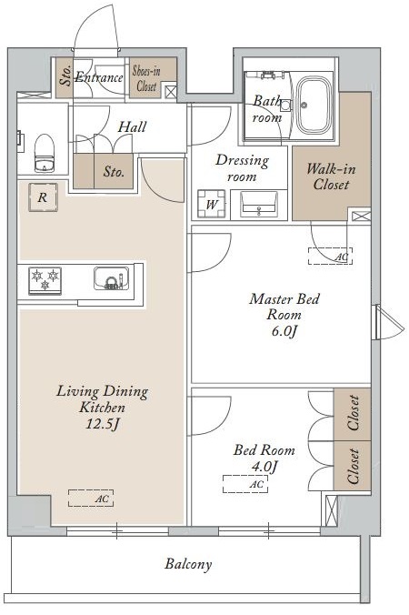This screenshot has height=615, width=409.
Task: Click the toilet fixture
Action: point(44,153)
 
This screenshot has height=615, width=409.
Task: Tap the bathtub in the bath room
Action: point(313,105)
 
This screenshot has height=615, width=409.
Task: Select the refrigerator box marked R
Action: point(43,197)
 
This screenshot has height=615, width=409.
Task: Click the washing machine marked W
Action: point(212,204)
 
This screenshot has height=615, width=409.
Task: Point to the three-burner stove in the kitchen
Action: point(45,280)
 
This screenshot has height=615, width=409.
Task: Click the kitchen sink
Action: point(111,279)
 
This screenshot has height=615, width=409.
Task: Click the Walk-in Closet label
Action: point(331,176)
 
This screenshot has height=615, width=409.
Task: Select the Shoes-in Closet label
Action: point(146,78)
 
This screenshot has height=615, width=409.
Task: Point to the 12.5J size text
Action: point(102,424)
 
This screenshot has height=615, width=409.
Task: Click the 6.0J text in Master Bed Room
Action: point(284,331)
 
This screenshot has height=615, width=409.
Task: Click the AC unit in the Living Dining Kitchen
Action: point(91,499)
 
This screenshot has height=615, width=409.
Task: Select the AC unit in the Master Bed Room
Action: point(330,257)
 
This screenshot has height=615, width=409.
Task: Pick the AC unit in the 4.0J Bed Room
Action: point(245,484)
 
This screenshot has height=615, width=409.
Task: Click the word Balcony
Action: point(188,564)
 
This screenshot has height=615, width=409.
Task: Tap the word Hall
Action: point(132,126)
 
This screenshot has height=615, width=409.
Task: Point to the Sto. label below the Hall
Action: point(114,172)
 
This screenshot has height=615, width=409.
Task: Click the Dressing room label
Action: point(242,168)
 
